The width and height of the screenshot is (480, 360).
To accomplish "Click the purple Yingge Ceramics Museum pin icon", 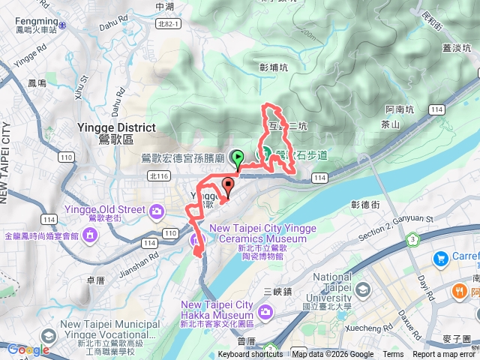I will (197, 239).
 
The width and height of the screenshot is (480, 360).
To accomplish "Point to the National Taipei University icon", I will (363, 289).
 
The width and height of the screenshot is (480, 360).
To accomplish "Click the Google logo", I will (28, 349).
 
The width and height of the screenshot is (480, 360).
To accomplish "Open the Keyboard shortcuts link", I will (250, 355).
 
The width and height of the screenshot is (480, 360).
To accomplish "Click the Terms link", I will (393, 355).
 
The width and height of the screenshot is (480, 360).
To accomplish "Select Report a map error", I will (445, 355).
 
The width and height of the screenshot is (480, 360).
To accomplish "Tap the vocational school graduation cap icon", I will (49, 334).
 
